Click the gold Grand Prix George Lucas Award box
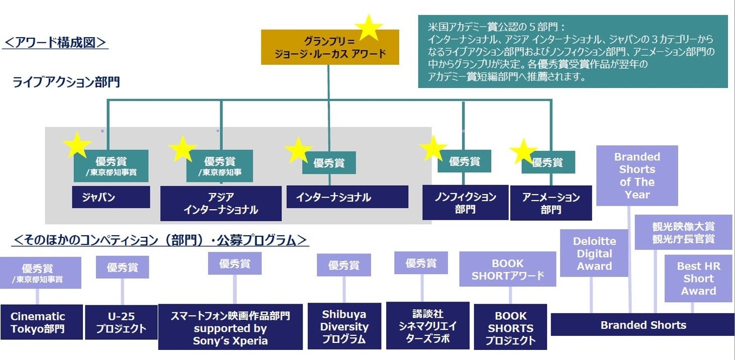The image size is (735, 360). pos(330,48)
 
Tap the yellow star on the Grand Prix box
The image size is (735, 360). pos(369,28)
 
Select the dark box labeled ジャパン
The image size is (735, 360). pos(111,197)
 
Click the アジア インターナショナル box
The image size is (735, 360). pos(221,203)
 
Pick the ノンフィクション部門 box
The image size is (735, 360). pos(465,203)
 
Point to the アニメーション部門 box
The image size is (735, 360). pos(550,203)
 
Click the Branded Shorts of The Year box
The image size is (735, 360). pos(637,175)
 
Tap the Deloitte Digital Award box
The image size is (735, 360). pos(594,253)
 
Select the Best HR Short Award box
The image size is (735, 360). pos(698,279)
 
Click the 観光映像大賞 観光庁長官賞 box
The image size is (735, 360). pos(683,232)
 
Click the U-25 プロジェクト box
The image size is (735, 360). pos(121,322)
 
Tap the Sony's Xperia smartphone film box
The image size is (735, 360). pos(230,327)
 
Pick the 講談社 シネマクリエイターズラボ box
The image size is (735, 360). pos(427,325)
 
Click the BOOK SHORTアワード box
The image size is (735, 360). pos(507,269)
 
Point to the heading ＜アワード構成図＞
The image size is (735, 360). pos(55,42)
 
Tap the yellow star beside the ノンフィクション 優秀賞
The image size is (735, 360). pos(432,148)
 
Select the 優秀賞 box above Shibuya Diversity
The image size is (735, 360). pos(344,265)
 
